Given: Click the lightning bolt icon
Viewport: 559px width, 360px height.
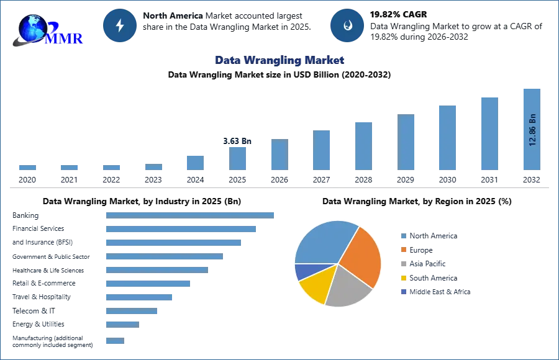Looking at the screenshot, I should (120, 25).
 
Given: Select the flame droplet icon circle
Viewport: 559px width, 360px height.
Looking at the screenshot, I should (347, 25).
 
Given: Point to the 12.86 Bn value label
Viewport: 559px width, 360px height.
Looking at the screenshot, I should (532, 130).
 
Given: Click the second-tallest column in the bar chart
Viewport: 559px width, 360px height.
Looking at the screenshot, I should (489, 133).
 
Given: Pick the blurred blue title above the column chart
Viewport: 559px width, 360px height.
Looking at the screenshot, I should (279, 60).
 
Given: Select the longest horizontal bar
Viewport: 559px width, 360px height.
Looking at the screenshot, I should (191, 214).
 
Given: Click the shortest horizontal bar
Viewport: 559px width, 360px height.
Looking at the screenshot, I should (114, 342).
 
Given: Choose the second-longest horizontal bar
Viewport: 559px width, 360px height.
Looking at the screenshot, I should (181, 228).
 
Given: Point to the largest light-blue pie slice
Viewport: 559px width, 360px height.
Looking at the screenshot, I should (324, 242).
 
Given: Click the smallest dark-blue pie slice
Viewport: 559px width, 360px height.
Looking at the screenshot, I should (302, 271).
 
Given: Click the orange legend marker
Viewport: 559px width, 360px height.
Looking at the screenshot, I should (402, 250).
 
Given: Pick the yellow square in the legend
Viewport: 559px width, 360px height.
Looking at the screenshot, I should (402, 278).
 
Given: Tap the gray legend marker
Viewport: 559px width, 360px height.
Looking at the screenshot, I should (402, 264).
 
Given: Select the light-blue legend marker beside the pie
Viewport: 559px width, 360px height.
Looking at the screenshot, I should (402, 236).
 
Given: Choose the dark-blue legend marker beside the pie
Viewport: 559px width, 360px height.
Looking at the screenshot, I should (402, 292).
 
